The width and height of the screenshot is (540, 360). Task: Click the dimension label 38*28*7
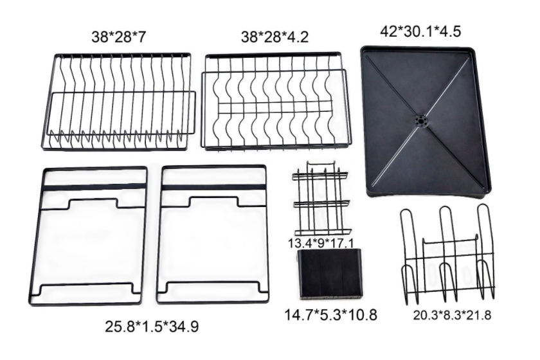[119, 37]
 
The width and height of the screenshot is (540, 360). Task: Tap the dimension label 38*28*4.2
[274, 37]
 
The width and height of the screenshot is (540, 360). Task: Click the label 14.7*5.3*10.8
[330, 315]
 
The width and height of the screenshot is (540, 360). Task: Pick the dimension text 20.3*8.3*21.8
[457, 315]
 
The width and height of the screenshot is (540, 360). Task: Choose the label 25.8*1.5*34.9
[152, 326]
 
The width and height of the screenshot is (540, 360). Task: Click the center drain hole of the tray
[420, 120]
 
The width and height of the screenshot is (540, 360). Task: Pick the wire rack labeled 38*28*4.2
[277, 102]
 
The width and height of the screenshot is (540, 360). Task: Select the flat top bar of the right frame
[213, 186]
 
